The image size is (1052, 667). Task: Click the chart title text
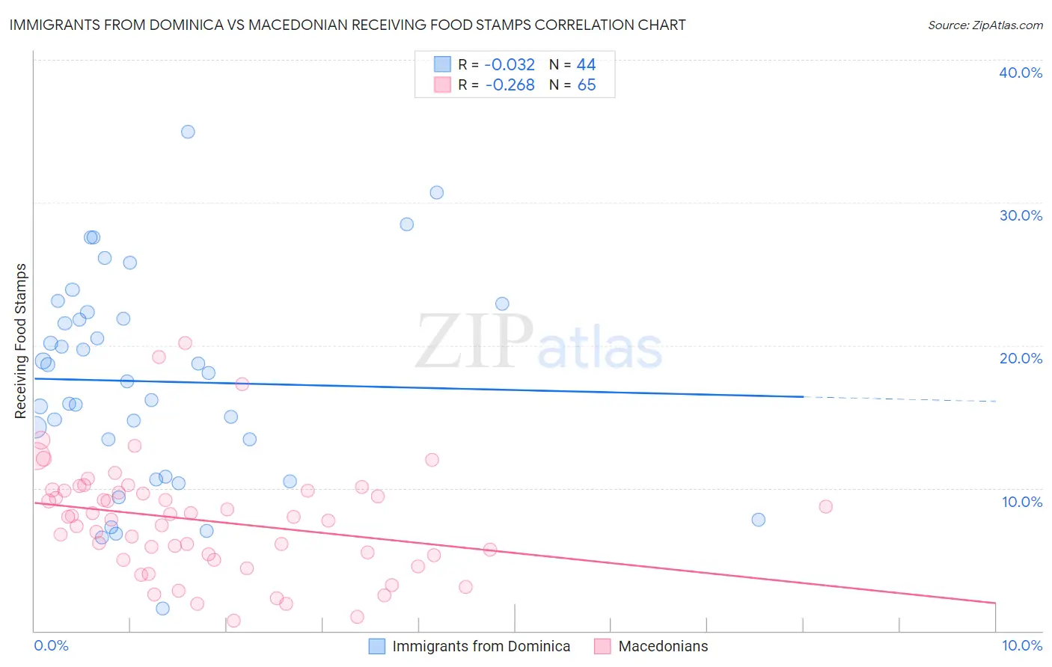point(347,25)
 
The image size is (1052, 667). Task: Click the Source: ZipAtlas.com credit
point(985,25)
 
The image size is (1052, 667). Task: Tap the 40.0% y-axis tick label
point(1021,73)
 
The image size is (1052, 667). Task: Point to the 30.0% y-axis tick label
point(1021,215)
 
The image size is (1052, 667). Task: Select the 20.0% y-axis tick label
point(1021,358)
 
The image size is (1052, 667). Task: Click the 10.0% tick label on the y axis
point(1022,502)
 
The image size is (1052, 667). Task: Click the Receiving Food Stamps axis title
point(21,341)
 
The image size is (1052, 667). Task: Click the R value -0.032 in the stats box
point(510,65)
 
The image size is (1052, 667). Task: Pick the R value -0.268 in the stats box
point(510,85)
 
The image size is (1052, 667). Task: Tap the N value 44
point(586,65)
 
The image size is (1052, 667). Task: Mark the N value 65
point(586,85)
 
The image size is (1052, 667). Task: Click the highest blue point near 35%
point(188,132)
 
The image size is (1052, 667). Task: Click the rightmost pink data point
point(825,506)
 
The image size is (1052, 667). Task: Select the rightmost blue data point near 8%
point(758,520)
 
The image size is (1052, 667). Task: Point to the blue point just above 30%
point(436,192)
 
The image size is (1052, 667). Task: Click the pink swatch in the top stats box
point(442,85)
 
